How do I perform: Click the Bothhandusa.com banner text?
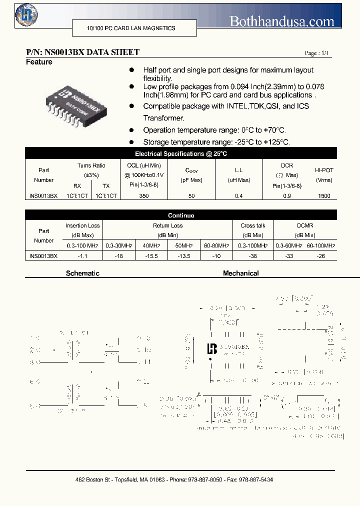point(282,21)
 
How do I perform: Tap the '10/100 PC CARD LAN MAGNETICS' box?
point(131,28)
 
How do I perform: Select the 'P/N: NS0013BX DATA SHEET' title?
point(82,52)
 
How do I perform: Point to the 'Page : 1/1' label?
point(317,53)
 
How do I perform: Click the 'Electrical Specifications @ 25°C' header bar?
point(181,154)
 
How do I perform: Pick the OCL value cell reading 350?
point(144,196)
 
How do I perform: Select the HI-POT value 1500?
point(324,196)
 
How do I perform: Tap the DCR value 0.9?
point(287,196)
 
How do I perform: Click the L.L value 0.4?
point(238,196)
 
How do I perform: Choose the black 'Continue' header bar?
point(181,215)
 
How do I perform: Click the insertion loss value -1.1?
point(82,255)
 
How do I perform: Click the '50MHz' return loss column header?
point(183,245)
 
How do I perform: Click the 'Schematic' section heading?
point(82,273)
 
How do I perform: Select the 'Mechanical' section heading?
point(240,273)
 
